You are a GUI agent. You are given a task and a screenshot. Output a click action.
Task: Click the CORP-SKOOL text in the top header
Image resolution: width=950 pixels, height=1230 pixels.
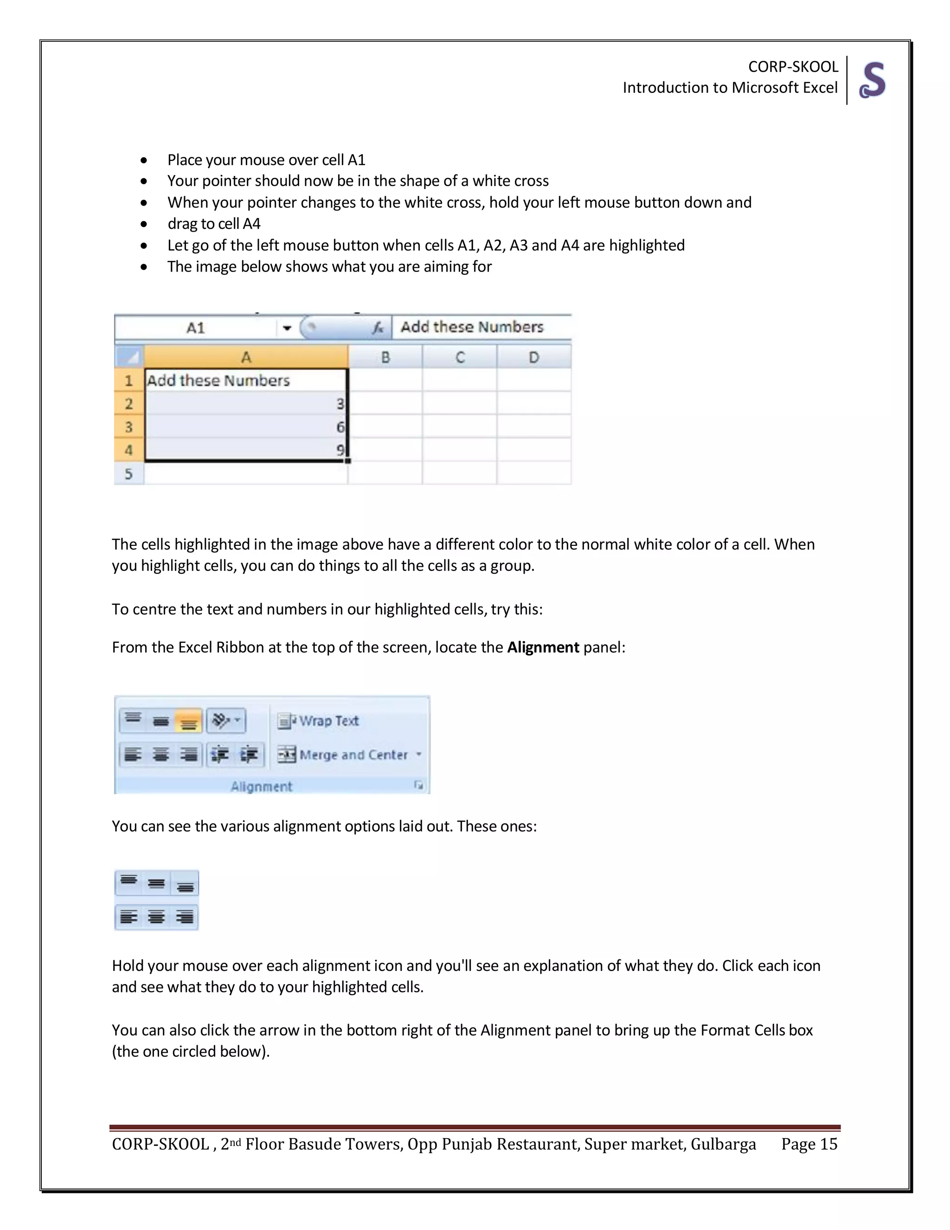point(792,66)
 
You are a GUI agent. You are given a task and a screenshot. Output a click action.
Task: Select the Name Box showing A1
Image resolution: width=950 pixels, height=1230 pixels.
point(195,328)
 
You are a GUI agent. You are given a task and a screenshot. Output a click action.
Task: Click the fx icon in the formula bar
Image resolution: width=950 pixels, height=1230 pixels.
point(378,327)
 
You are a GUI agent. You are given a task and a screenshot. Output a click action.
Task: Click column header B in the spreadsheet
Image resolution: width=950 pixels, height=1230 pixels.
point(385,357)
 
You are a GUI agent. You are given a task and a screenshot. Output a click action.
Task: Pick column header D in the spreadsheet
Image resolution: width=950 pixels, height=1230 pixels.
point(533,357)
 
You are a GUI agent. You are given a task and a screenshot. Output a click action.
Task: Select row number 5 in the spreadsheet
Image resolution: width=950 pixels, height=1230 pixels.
point(129,473)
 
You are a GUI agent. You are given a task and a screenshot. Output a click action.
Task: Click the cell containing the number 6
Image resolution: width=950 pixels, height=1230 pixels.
point(246,427)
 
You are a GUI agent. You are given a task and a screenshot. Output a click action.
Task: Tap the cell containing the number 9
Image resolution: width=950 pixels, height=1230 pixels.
point(246,449)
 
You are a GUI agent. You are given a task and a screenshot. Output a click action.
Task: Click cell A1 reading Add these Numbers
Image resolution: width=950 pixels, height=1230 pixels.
point(246,381)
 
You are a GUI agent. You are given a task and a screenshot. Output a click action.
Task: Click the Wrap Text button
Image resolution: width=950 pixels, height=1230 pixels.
point(319,721)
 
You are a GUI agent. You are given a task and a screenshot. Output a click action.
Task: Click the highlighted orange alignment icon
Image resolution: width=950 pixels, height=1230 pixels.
point(188,721)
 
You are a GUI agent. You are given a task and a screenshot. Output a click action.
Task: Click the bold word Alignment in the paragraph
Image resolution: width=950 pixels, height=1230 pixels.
point(543,647)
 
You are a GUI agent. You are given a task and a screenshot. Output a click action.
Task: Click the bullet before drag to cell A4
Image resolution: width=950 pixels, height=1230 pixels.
point(144,224)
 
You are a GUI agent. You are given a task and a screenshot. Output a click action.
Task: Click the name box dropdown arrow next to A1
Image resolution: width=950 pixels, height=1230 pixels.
point(287,328)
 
